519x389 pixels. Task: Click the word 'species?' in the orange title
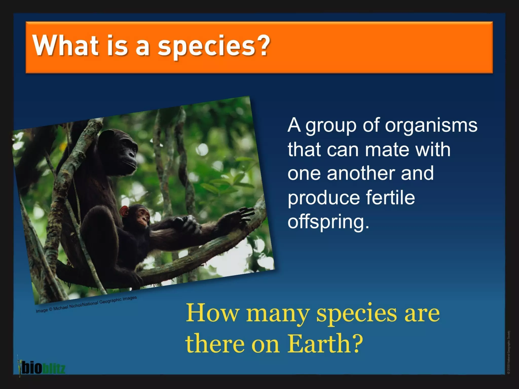tap(213, 46)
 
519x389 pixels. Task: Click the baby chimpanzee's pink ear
tap(124, 211)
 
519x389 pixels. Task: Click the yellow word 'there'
tap(215, 344)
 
